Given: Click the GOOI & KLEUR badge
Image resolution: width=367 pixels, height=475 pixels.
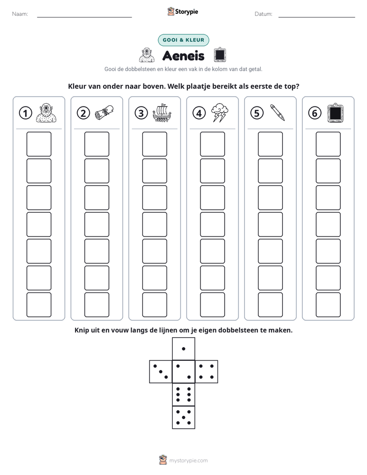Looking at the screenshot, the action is (183, 40).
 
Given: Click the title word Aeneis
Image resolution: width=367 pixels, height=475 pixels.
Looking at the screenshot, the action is (183, 56).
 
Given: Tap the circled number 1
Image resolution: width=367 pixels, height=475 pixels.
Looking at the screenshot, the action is (25, 113).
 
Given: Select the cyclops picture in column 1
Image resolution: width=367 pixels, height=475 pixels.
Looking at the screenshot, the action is (46, 113).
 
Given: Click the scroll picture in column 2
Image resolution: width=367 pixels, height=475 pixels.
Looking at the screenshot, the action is (104, 113).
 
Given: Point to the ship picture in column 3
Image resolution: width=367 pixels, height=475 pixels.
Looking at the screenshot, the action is (162, 113).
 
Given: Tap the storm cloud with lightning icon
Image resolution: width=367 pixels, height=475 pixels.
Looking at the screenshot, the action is (219, 113).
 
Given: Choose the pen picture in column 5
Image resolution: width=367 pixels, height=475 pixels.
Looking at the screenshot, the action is (278, 113).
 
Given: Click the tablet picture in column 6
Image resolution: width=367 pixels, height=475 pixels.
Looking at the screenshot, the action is (336, 113).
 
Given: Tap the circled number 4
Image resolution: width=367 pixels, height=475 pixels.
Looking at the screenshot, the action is (199, 113).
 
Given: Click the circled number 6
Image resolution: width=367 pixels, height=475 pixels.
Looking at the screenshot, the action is (315, 113).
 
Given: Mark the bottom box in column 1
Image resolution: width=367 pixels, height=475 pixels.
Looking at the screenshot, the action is (39, 305).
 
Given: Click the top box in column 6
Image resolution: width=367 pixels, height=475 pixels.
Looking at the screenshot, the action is (328, 144).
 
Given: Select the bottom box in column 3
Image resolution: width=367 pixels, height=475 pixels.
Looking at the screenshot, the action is (154, 305).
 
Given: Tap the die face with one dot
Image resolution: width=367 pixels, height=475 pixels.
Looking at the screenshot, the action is (183, 349).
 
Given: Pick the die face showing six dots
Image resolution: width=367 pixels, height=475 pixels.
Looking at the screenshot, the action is (183, 394).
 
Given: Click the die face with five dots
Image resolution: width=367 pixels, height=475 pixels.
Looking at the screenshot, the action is (183, 417).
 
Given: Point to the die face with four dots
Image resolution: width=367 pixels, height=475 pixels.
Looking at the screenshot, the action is (207, 371).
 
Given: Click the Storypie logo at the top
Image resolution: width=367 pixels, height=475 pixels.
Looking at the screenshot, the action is (182, 11).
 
